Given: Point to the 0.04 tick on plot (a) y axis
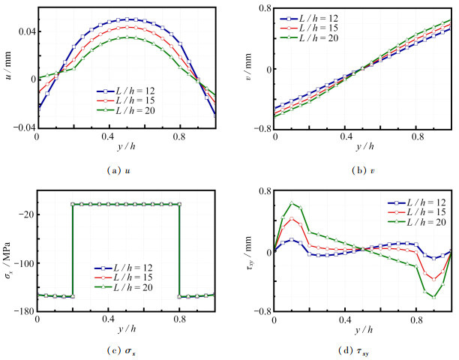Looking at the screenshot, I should pyautogui.click(x=25, y=31).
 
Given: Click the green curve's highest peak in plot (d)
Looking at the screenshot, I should pyautogui.click(x=292, y=203).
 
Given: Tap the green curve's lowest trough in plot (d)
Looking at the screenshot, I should pyautogui.click(x=433, y=297).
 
